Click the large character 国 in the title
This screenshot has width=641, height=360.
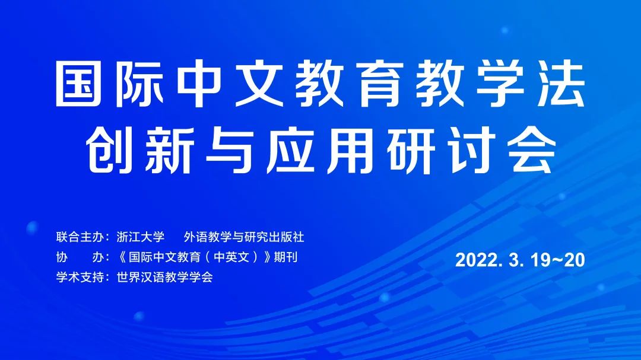pos(78,84)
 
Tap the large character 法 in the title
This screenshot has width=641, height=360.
pos(561,84)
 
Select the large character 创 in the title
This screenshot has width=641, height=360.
pos(109,149)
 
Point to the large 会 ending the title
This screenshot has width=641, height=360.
pos(533,149)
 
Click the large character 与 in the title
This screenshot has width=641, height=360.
pos(230,149)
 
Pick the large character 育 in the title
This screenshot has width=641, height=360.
pos(380,84)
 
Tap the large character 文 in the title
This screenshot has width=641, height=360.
pos(260,84)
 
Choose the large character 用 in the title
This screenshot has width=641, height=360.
pos(351,149)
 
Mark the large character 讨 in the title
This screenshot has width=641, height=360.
pos(472,149)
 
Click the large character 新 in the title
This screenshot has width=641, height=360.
pos(169,149)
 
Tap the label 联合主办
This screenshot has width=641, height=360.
pos(80,237)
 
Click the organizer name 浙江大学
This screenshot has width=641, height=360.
pos(141,237)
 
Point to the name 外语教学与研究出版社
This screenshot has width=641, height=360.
pos(244,237)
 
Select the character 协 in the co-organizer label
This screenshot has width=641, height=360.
pos(62,257)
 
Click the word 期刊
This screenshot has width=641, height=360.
pos(285,257)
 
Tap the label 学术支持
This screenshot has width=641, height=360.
pos(80,277)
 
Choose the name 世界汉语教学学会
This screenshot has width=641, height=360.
pos(165,277)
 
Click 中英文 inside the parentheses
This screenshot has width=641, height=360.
pos(232,257)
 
